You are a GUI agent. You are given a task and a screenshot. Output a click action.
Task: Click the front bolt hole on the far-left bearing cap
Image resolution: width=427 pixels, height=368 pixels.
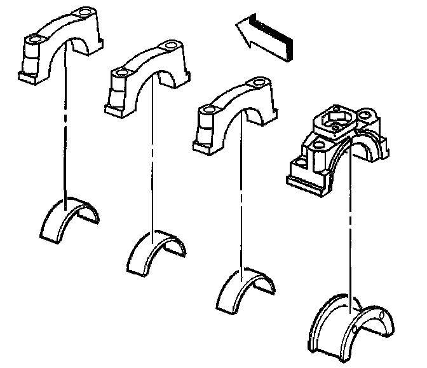32,40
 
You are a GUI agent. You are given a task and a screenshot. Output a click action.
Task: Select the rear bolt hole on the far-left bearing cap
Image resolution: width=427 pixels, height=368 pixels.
84,12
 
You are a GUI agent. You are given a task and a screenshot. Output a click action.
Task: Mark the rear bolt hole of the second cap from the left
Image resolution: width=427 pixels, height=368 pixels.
170,46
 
